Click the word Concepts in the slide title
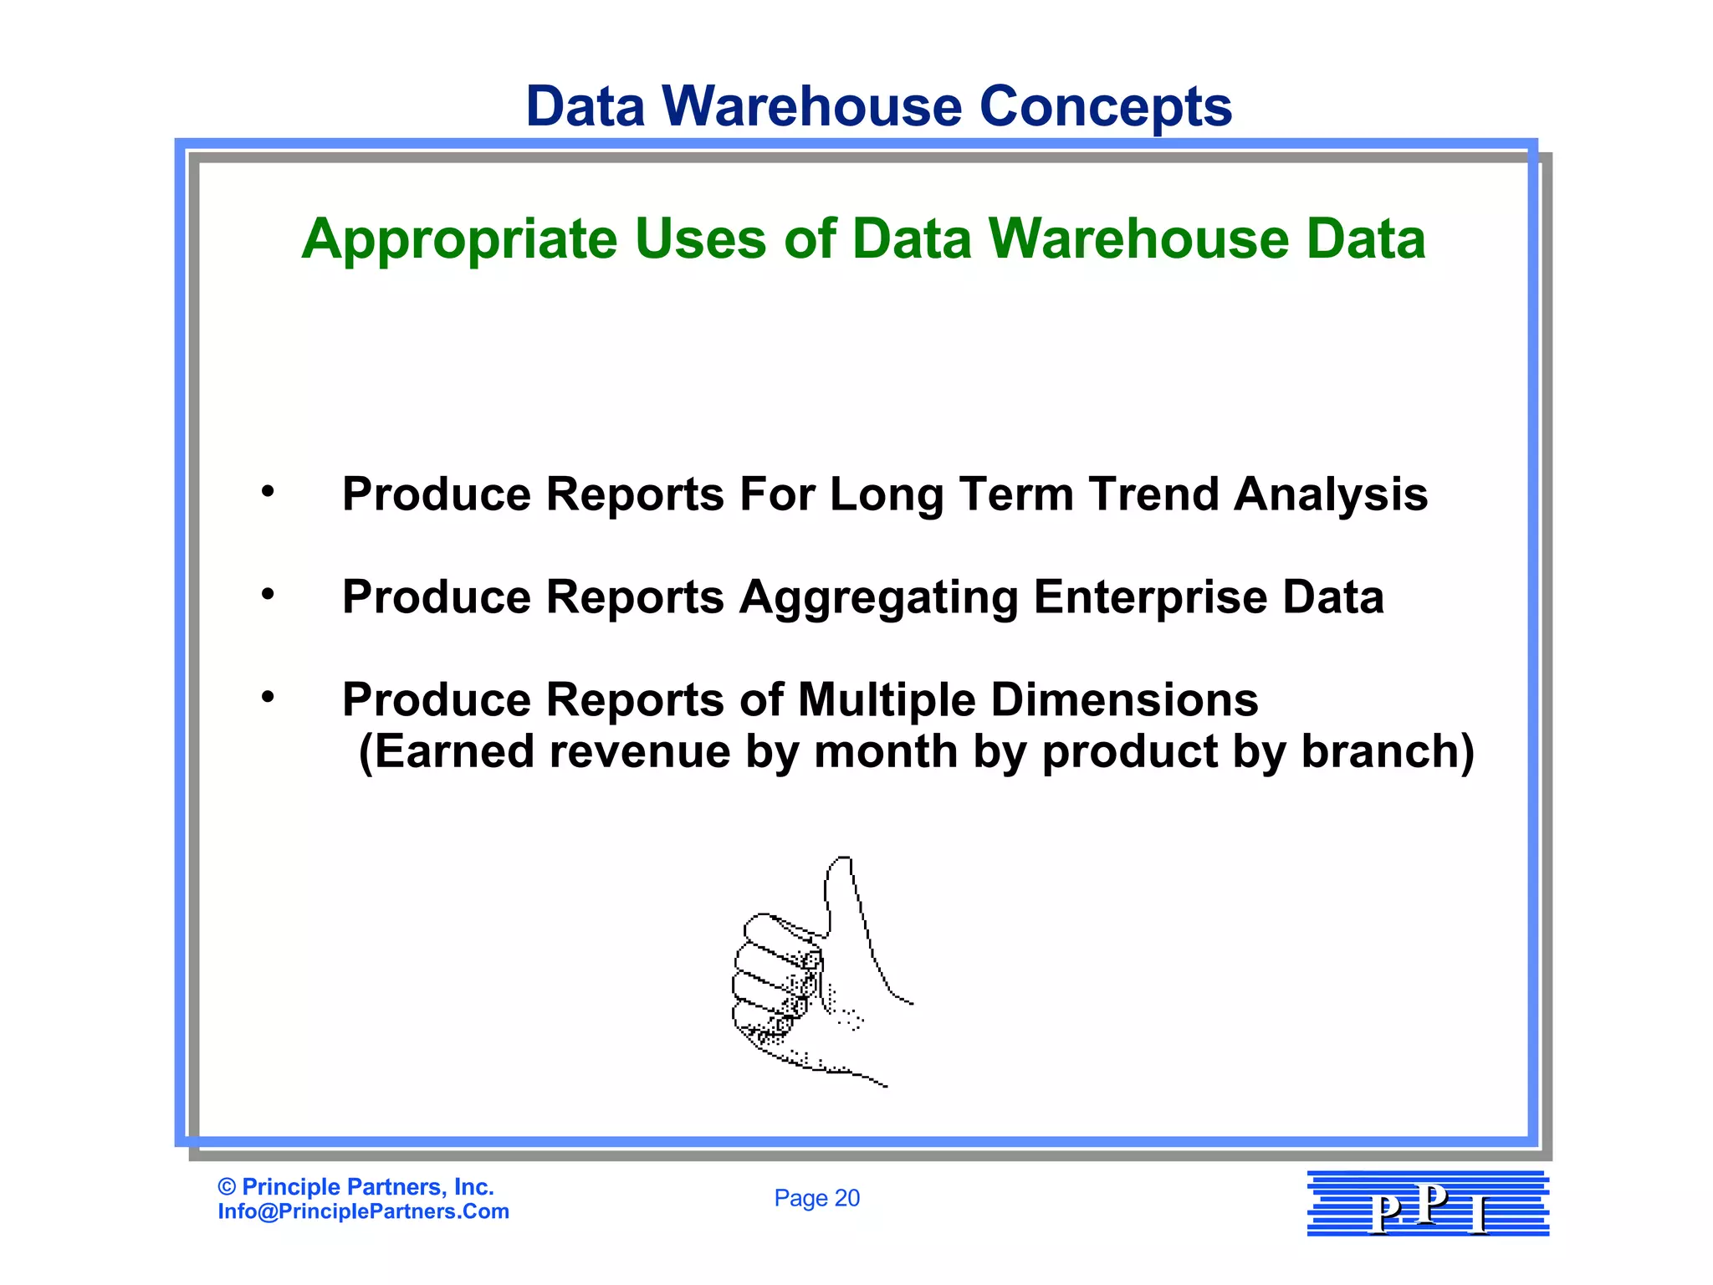1105,107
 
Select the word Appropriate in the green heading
458,241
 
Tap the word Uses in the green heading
700,239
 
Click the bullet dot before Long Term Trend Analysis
268,492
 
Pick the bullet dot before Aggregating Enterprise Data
268,594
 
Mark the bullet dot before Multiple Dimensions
268,697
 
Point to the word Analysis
1331,495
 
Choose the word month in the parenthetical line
885,751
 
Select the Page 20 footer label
816,1198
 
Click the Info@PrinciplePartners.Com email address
363,1211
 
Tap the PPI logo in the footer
1428,1204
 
